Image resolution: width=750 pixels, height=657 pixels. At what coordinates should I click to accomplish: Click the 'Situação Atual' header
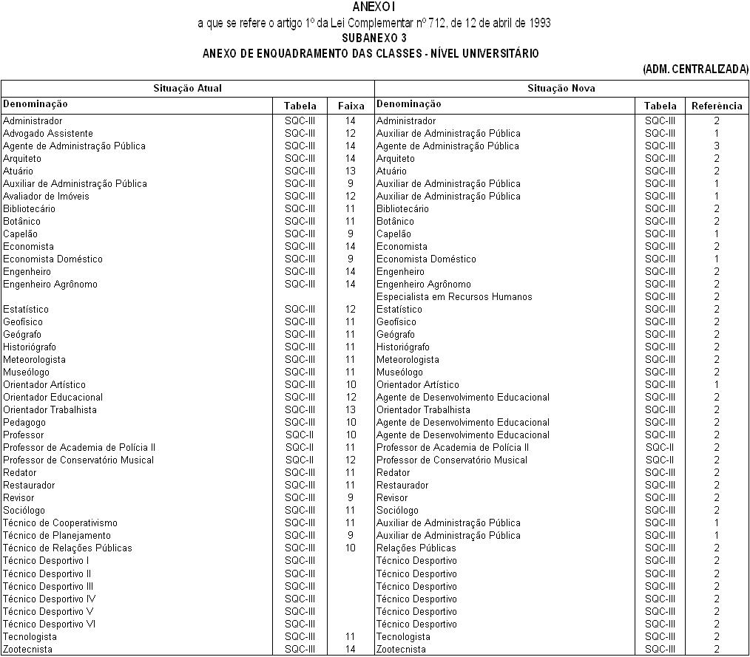tap(187, 89)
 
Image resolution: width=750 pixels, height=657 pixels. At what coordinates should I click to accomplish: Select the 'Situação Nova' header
tap(561, 89)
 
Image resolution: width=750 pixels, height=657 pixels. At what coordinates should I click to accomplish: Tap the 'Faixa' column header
tap(351, 106)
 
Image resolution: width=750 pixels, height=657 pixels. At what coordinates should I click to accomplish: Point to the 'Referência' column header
tap(716, 106)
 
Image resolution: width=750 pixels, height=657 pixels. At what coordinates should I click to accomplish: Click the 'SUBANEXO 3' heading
tap(374, 38)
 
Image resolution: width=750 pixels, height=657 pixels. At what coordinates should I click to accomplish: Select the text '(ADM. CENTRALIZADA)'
tap(695, 69)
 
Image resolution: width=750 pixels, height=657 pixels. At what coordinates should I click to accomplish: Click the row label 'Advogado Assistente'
tap(48, 134)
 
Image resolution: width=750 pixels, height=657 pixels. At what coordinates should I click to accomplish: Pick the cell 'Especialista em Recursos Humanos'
tap(454, 297)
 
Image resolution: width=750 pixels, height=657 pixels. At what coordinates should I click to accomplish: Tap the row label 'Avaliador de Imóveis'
tap(46, 197)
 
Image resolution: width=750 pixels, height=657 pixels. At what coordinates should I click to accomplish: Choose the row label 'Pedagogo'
tap(24, 423)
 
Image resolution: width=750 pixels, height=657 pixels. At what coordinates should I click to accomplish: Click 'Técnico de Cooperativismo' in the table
tap(60, 523)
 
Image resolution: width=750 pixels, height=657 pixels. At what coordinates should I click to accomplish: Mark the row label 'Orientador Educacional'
tap(53, 398)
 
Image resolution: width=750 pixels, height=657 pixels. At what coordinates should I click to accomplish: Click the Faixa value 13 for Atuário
tap(351, 171)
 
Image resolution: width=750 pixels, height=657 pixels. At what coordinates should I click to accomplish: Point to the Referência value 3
tap(716, 146)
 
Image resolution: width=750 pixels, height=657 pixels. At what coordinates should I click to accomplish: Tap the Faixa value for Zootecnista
tap(351, 650)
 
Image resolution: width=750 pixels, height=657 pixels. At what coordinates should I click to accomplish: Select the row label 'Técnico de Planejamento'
tap(57, 536)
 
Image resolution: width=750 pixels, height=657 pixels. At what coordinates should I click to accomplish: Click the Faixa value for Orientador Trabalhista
tap(351, 410)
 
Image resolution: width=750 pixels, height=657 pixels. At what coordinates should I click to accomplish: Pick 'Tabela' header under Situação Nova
tap(660, 106)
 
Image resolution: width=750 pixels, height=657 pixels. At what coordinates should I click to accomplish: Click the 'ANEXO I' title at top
tap(374, 7)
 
